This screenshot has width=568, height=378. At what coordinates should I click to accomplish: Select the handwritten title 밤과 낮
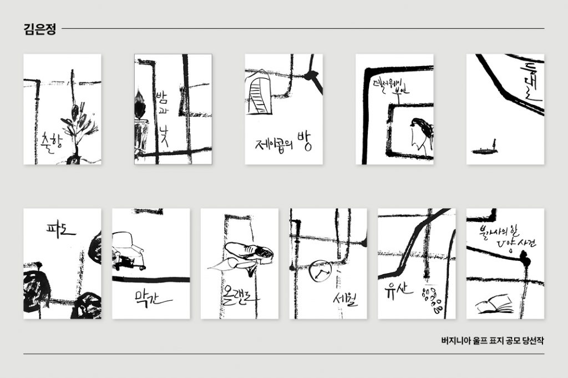(x=161, y=117)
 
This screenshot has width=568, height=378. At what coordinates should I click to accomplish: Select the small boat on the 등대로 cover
(x=484, y=149)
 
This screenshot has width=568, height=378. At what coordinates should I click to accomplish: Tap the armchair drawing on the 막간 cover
(x=129, y=249)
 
